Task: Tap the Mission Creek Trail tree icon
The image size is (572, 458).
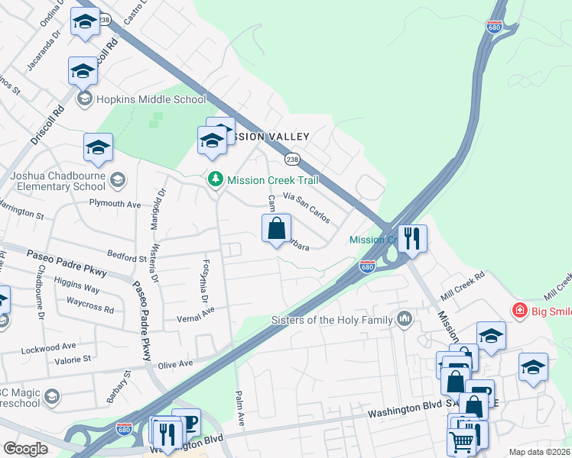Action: pos(216,179)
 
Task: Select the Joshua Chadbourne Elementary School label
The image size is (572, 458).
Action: pos(58,181)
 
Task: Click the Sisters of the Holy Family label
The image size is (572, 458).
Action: pos(333,320)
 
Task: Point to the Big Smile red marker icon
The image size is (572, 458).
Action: pos(520,311)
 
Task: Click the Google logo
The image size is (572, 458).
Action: pos(25,449)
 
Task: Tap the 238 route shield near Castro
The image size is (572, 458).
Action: pos(105,19)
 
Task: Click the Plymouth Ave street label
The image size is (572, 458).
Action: pos(115,205)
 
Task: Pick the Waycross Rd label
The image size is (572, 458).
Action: pos(89,310)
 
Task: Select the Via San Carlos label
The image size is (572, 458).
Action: pos(307,207)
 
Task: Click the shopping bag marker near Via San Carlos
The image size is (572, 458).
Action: pos(277,228)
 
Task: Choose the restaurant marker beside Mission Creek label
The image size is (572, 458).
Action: pos(412,239)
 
